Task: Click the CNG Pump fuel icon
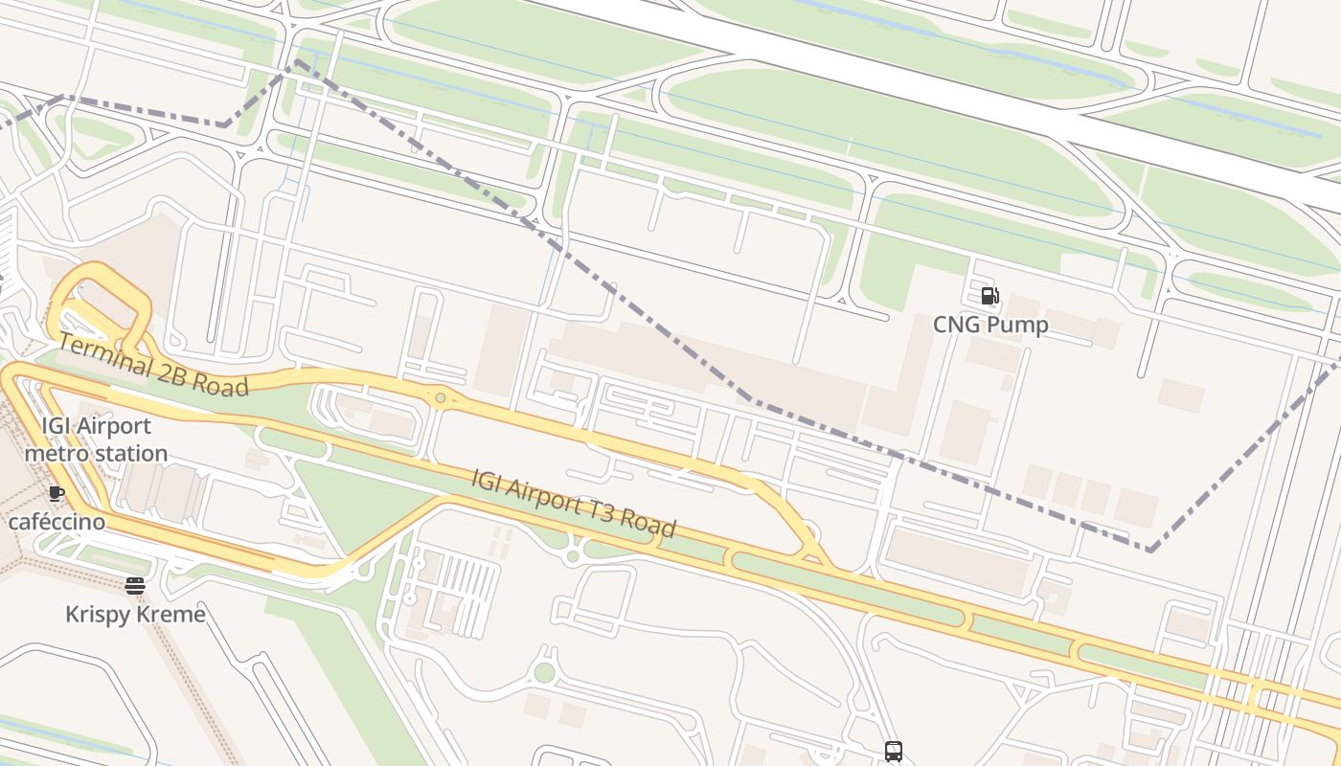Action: (989, 296)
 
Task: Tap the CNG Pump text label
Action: (990, 325)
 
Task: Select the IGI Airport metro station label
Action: (96, 439)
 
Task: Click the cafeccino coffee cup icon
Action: (57, 494)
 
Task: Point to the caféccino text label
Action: (57, 523)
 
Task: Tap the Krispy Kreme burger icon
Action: (135, 585)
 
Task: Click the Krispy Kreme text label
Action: (135, 614)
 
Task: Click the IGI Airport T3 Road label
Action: (573, 503)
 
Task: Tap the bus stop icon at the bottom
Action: (893, 752)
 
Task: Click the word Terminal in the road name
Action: (103, 353)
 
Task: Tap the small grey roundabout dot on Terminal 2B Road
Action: (440, 397)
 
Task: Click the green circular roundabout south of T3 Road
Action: (544, 673)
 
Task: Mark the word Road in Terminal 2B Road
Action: (220, 383)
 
